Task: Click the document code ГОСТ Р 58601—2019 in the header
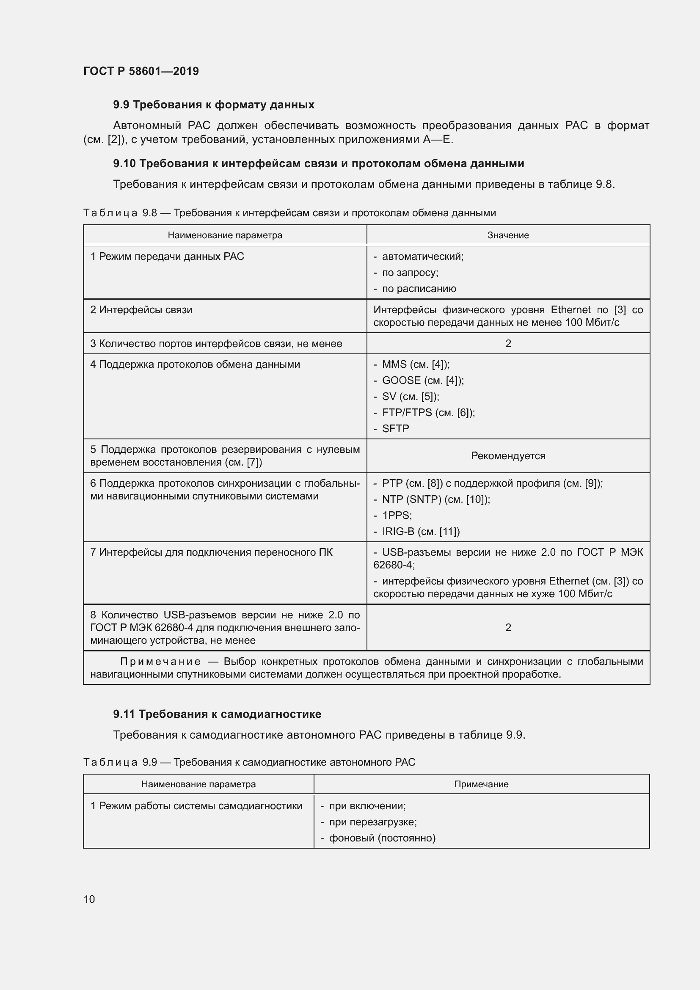coord(141,71)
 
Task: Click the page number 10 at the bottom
coord(89,899)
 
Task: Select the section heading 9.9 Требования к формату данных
coord(213,105)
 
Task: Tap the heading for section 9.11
coord(217,714)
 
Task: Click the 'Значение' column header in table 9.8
coord(508,235)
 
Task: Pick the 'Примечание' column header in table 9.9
coord(481,784)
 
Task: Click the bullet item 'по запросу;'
coord(410,273)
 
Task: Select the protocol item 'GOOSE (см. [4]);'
coord(422,381)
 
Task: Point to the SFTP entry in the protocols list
coord(395,429)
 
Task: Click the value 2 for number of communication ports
coord(508,344)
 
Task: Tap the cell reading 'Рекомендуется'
coord(508,456)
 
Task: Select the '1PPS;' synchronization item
coord(397,515)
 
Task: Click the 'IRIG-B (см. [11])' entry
coord(420,532)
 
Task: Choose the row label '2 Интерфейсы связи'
coord(141,310)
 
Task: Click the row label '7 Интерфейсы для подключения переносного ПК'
coord(211,552)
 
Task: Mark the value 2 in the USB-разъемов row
coord(508,627)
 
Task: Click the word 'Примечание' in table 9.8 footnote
coord(160,662)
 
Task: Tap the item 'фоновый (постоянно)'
coord(382,838)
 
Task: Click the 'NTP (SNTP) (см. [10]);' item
coord(435,499)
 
